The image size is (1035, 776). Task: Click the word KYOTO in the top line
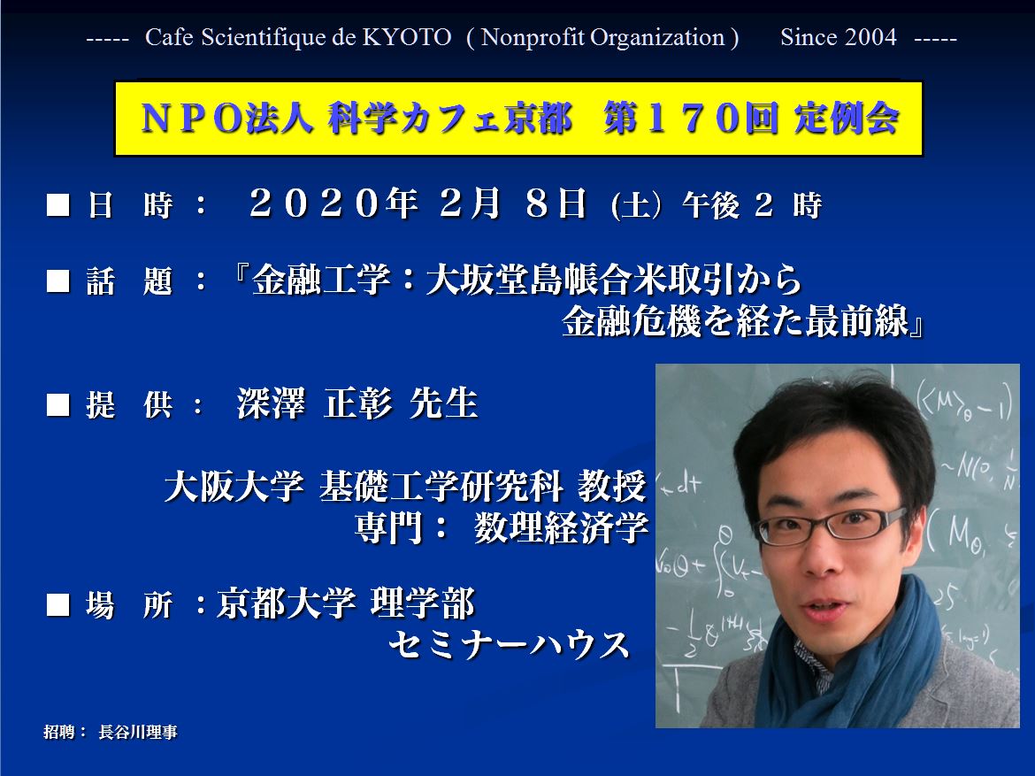(407, 38)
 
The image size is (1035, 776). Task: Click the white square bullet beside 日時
(58, 204)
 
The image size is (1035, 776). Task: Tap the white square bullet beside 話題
(58, 280)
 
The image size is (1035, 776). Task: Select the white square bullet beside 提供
(58, 404)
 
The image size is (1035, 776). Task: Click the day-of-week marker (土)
(636, 205)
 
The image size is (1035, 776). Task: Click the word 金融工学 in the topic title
(321, 280)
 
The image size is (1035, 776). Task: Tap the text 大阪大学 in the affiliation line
(234, 486)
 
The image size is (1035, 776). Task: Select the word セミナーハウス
(509, 644)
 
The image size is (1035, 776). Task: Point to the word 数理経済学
(561, 527)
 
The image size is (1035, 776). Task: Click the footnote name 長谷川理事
(138, 732)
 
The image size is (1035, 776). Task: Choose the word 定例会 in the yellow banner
(847, 119)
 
